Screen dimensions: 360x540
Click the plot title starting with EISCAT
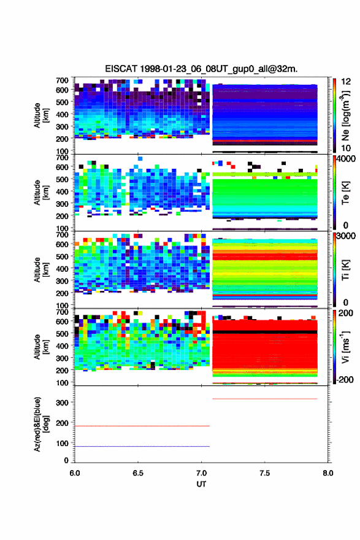click(x=201, y=69)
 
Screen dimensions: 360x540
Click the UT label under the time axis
click(x=201, y=484)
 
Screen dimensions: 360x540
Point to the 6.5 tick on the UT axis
click(x=138, y=473)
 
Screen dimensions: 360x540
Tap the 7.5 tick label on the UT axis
click(x=265, y=473)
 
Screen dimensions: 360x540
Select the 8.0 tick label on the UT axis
click(x=328, y=473)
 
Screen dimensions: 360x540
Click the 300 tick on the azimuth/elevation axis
click(x=63, y=403)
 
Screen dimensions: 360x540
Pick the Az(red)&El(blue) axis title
click(x=41, y=424)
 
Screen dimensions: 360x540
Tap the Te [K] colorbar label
click(x=345, y=193)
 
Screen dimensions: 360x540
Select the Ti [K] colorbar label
click(x=345, y=269)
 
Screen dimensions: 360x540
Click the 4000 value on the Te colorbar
click(x=347, y=159)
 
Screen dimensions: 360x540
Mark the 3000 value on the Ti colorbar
click(x=347, y=236)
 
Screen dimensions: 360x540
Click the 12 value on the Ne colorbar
click(x=347, y=82)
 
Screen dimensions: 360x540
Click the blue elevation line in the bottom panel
click(x=142, y=446)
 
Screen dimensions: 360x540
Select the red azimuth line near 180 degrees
click(x=142, y=426)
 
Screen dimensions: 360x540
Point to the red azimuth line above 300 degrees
click(x=265, y=399)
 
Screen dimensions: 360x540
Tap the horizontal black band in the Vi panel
click(x=265, y=332)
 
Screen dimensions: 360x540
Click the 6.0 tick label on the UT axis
click(x=75, y=473)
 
